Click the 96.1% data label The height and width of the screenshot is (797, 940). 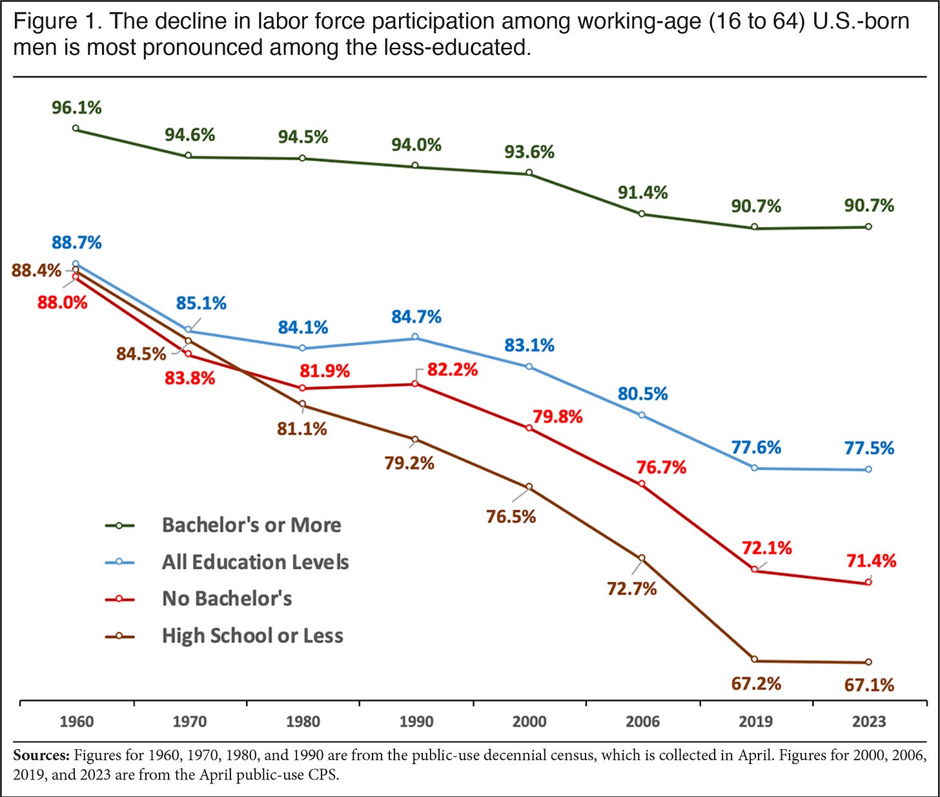click(x=77, y=108)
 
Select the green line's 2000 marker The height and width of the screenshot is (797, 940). click(x=529, y=173)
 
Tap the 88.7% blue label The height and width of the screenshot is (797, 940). click(x=77, y=243)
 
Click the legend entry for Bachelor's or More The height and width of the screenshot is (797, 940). click(x=251, y=525)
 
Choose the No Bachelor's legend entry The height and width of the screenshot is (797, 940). click(x=227, y=599)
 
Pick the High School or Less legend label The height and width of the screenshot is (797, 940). click(x=252, y=636)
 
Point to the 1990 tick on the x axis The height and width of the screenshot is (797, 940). click(x=416, y=721)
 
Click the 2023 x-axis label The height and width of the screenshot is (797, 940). click(x=868, y=721)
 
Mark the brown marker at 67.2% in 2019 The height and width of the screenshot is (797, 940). click(x=755, y=659)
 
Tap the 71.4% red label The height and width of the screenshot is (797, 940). click(x=871, y=561)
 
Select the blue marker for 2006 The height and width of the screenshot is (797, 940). click(x=642, y=415)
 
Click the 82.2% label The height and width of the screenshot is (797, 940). click(x=452, y=370)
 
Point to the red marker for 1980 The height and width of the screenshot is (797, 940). click(x=302, y=388)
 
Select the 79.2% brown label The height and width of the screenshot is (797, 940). click(x=409, y=464)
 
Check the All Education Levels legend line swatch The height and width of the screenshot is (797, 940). click(x=119, y=563)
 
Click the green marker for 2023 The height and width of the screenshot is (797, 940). click(x=868, y=227)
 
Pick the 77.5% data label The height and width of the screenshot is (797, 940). click(x=869, y=448)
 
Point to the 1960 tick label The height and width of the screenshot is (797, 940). click(x=77, y=721)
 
